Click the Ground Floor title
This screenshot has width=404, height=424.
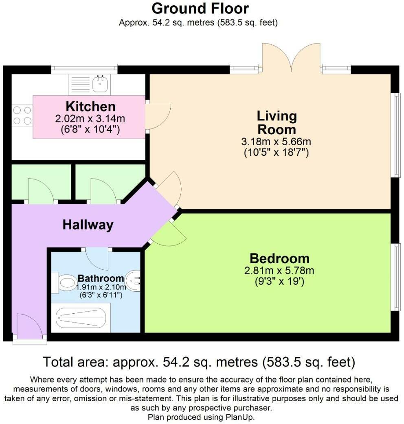coord(200,9)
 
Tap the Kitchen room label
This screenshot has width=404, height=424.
coord(90,107)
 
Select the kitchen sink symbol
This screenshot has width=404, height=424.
coord(99,85)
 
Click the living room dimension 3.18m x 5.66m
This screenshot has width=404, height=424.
coord(277,142)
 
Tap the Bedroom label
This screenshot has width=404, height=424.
coord(279,258)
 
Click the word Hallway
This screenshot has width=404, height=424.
coord(88,225)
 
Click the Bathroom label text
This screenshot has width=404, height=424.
coord(101,279)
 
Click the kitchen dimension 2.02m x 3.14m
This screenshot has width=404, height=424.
coord(90,119)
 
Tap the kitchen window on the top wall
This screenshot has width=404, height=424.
coord(84,69)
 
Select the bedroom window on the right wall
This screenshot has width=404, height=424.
coord(395,277)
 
